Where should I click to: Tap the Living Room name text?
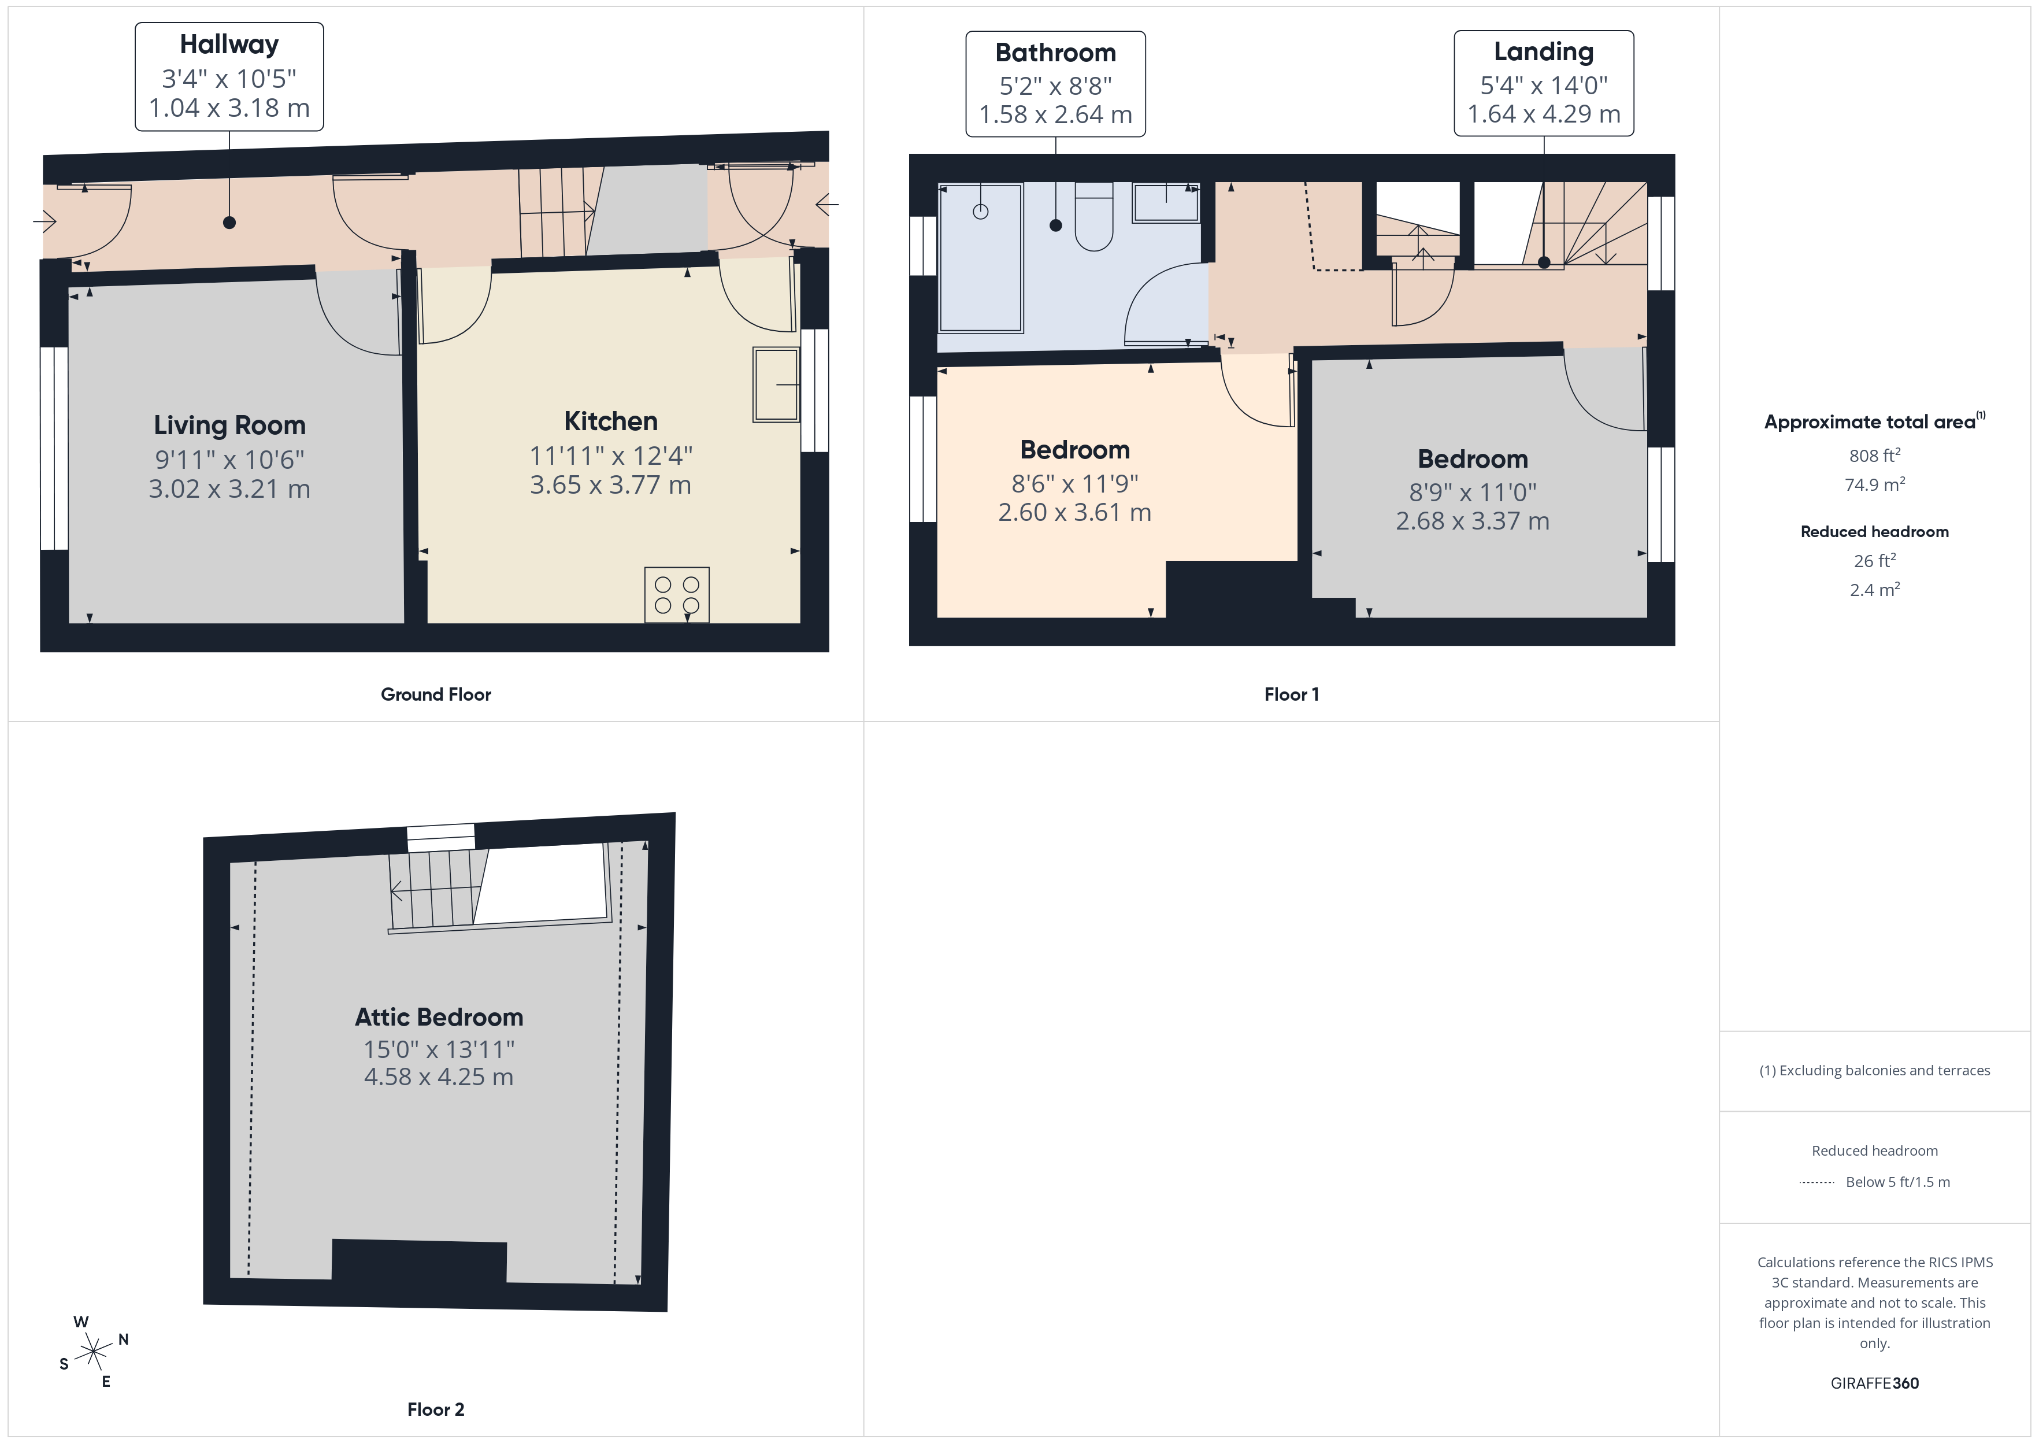pos(229,425)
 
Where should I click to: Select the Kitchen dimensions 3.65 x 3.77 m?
pos(610,485)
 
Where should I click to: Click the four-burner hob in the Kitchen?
pos(677,594)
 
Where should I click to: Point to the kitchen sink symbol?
pos(775,384)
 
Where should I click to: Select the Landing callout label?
pos(1544,83)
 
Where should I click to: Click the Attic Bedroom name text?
pos(439,1017)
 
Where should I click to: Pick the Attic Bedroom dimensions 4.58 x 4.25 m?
pos(439,1077)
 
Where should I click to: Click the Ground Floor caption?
pos(435,695)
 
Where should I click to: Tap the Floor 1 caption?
pos(1291,695)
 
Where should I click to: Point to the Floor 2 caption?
pos(435,1409)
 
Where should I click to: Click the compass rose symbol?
pos(93,1352)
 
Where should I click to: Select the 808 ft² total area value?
pos(1874,456)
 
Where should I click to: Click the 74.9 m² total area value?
pos(1874,485)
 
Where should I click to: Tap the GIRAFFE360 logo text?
pos(1874,1383)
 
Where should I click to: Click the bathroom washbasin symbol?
pos(1165,202)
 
